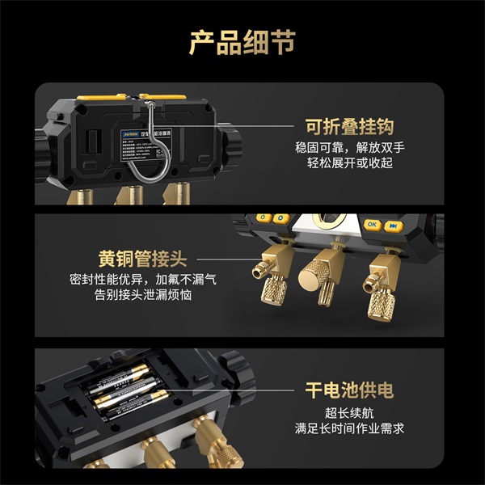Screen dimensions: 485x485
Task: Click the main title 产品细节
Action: (242, 41)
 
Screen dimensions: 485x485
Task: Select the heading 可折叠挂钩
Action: (348, 127)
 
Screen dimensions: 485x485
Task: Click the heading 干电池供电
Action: (348, 390)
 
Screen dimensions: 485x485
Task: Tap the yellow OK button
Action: (371, 225)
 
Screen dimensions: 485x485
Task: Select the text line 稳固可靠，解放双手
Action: (348, 149)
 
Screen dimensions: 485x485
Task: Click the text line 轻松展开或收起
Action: (348, 164)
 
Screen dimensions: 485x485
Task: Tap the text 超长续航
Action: (348, 412)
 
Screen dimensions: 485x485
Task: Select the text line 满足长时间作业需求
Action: (348, 428)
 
